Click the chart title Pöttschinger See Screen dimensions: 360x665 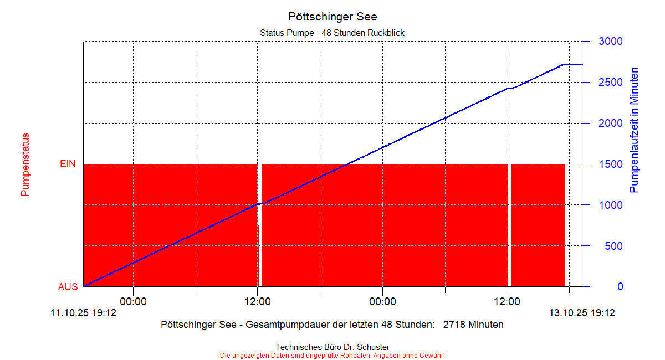click(x=332, y=17)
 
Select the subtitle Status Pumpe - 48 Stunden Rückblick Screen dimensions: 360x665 click(x=332, y=33)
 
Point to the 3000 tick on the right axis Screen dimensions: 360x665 click(x=610, y=42)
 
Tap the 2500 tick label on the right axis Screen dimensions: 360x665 click(x=610, y=83)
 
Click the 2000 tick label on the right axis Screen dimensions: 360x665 click(x=610, y=123)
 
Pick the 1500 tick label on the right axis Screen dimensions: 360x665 click(x=610, y=164)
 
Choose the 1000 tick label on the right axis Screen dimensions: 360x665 click(x=610, y=205)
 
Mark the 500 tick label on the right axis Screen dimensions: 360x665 click(x=613, y=246)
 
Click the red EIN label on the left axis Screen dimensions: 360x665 click(x=68, y=164)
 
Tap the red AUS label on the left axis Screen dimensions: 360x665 click(x=68, y=287)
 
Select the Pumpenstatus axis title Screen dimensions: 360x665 click(x=25, y=164)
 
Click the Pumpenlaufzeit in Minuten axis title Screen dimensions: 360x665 click(x=635, y=130)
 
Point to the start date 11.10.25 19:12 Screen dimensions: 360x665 click(x=83, y=313)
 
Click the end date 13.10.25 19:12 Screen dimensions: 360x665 click(x=582, y=313)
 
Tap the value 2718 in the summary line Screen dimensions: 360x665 click(x=454, y=325)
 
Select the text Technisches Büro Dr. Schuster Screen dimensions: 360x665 click(x=332, y=347)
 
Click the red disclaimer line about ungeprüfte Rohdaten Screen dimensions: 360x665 click(x=332, y=355)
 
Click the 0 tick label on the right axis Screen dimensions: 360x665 click(x=620, y=287)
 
